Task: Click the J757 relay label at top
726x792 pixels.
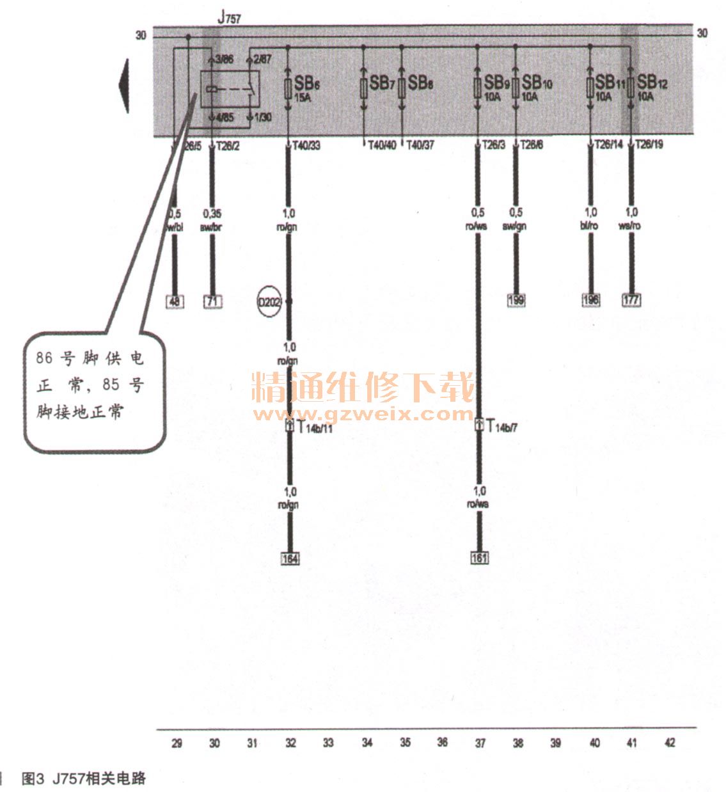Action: tap(229, 17)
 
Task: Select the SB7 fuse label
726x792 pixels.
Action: tap(382, 83)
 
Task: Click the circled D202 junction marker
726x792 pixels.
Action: tap(269, 301)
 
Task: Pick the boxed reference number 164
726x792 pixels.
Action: tap(290, 558)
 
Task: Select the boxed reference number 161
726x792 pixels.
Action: tap(479, 558)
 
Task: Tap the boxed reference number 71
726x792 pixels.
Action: tap(212, 301)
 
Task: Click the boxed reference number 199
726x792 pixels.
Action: tap(516, 300)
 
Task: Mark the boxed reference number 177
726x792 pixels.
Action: tap(631, 299)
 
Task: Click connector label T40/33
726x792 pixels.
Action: tap(306, 146)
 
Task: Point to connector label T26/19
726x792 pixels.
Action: tap(649, 145)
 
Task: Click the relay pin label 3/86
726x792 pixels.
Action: tap(224, 59)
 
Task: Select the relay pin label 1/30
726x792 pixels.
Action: tap(262, 118)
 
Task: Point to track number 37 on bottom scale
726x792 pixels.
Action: tap(480, 743)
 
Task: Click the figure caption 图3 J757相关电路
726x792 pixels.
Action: tap(84, 779)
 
